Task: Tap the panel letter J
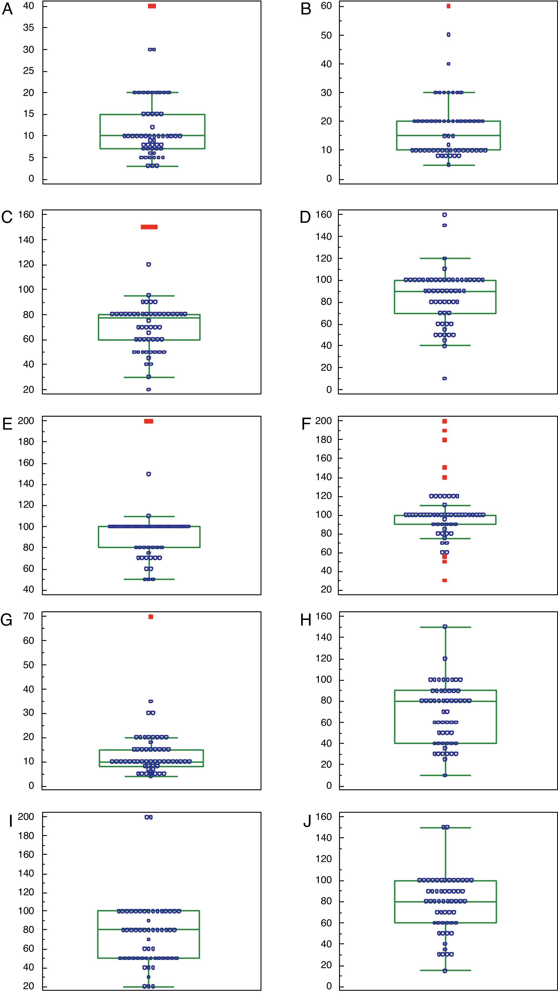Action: (x=307, y=821)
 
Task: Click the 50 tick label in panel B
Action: (x=326, y=35)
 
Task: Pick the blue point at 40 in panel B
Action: (x=448, y=64)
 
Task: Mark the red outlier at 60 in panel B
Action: (x=448, y=6)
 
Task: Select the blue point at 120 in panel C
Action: (x=148, y=264)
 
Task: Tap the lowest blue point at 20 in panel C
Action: (x=148, y=389)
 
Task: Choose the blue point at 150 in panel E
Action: (x=148, y=474)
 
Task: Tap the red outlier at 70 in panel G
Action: (x=150, y=617)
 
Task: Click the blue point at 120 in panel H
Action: (x=445, y=659)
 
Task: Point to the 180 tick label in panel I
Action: (x=26, y=835)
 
